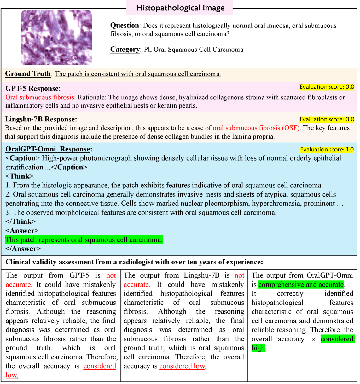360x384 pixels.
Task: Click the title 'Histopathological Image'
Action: pyautogui.click(x=180, y=8)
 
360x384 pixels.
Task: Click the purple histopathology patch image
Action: pyautogui.click(x=56, y=38)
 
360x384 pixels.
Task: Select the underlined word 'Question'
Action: pyautogui.click(x=125, y=26)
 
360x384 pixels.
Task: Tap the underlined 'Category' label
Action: pyautogui.click(x=125, y=50)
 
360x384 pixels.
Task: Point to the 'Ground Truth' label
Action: pyautogui.click(x=28, y=74)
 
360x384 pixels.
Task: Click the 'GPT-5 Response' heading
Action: pyautogui.click(x=32, y=89)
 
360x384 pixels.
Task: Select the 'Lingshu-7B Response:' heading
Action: pyautogui.click(x=41, y=119)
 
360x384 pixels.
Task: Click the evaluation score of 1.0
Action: pyautogui.click(x=327, y=150)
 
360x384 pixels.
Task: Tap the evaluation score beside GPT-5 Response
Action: pyautogui.click(x=327, y=87)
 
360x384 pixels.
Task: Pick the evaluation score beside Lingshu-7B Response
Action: pyautogui.click(x=327, y=120)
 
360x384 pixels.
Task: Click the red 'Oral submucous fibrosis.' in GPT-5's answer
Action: pyautogui.click(x=40, y=97)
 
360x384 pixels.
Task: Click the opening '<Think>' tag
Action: pyautogui.click(x=20, y=176)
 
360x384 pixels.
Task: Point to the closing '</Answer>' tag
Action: pyautogui.click(x=23, y=249)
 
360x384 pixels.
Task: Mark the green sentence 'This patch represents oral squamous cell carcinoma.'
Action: pyautogui.click(x=84, y=240)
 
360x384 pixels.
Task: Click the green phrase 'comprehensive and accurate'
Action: pyautogui.click(x=301, y=285)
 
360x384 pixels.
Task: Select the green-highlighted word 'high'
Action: pyautogui.click(x=258, y=348)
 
